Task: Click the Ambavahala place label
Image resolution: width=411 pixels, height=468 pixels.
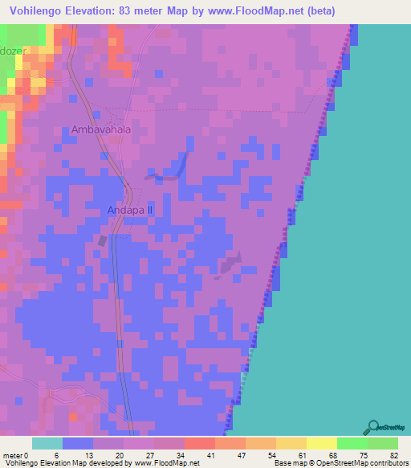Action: [100, 129]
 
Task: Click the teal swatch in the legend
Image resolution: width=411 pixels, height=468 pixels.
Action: [47, 443]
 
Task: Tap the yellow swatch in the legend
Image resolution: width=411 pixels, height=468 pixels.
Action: [321, 443]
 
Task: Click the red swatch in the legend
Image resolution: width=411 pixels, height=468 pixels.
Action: [199, 443]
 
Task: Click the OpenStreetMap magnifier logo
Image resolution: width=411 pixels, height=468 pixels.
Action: [372, 426]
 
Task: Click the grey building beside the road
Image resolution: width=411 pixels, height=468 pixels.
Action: [102, 240]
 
